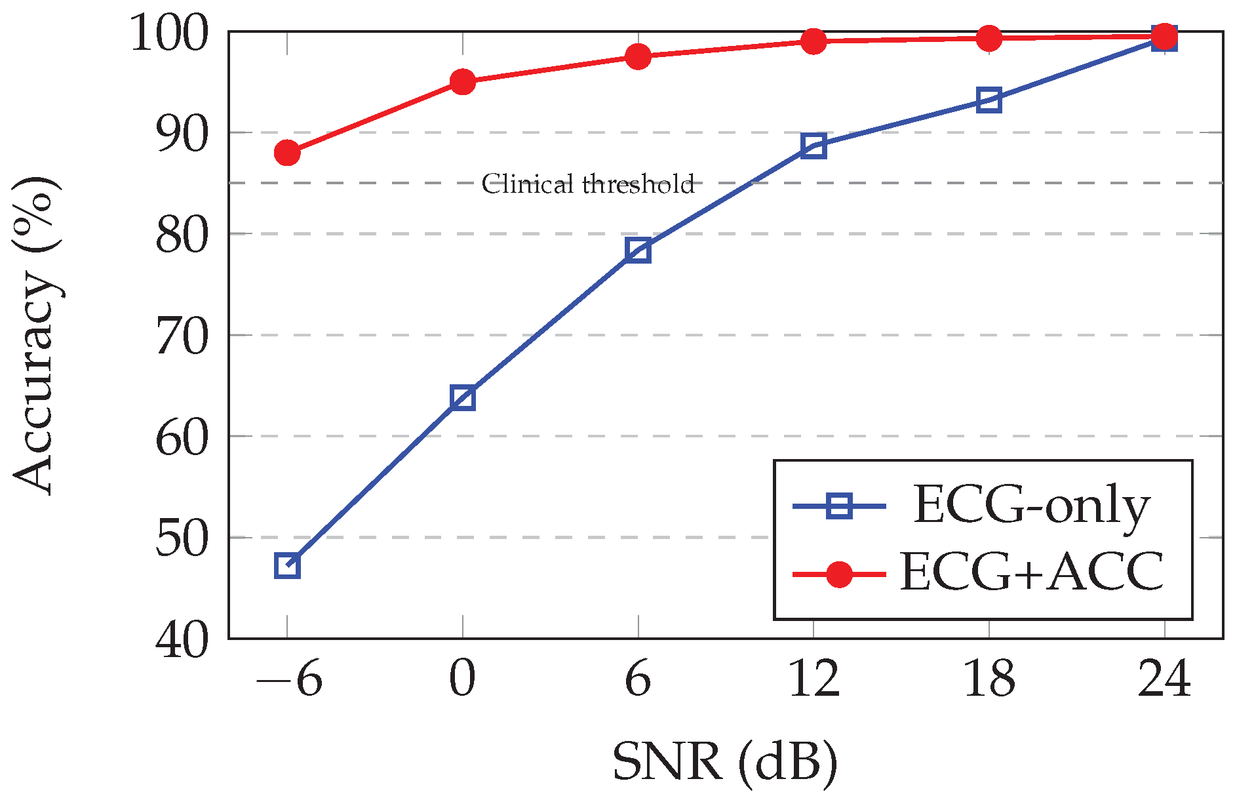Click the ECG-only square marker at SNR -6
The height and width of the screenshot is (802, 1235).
287,565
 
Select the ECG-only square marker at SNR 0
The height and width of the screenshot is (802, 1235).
463,398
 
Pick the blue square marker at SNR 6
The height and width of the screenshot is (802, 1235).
638,250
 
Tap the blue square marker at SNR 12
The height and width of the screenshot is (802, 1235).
814,146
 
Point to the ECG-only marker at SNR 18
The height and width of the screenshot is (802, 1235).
989,100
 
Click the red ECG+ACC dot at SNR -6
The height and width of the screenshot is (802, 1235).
287,153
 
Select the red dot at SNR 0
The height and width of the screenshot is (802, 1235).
463,82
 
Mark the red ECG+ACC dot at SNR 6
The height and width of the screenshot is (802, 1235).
638,56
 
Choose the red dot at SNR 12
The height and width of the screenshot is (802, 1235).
814,41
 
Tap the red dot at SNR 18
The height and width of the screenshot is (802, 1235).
989,38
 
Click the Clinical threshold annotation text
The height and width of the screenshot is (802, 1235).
588,184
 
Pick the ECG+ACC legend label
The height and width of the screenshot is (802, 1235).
1031,572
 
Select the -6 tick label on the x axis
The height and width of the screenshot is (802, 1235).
288,680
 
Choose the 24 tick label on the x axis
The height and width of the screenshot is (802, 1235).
1164,680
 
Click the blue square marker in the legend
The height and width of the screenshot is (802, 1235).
839,506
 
